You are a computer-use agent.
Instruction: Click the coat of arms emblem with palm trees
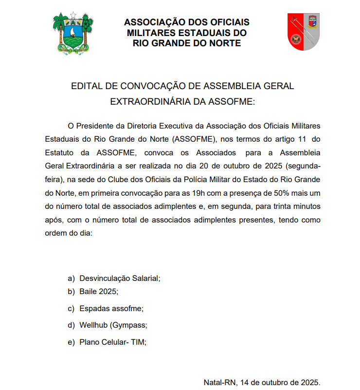click(73, 32)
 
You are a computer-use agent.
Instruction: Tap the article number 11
click(300, 138)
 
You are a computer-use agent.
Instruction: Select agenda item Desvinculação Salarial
click(120, 279)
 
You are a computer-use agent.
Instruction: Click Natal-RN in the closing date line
click(219, 382)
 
